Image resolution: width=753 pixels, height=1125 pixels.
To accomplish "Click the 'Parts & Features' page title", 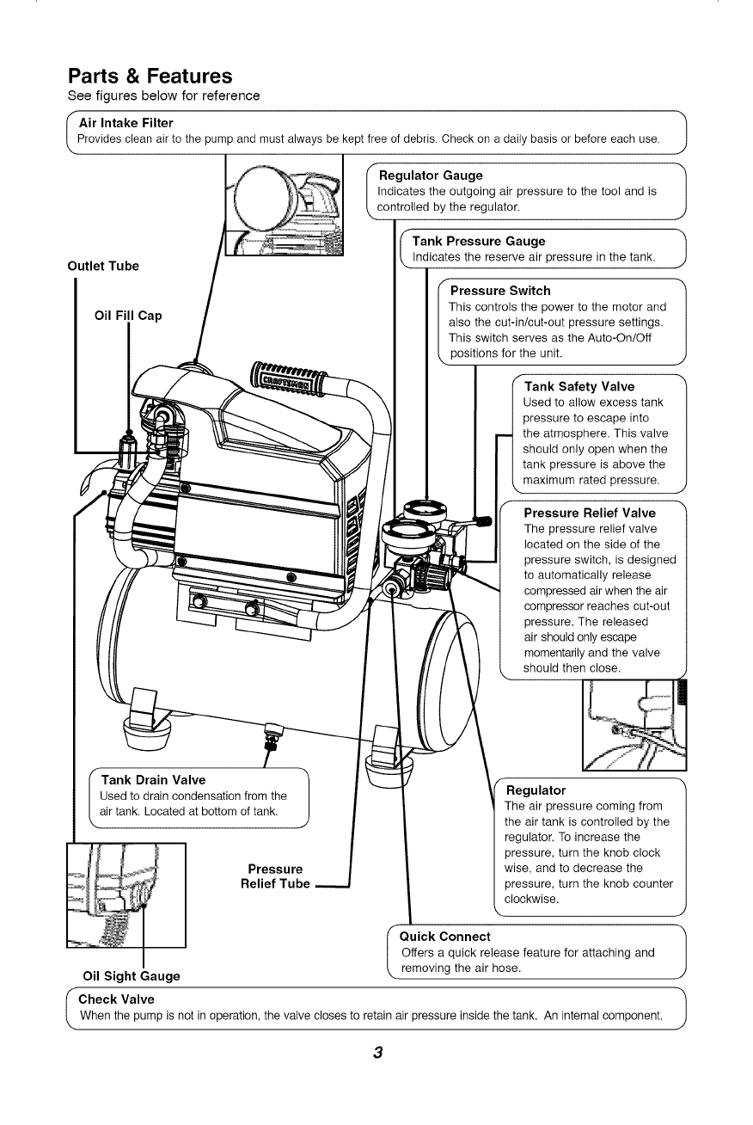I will (150, 77).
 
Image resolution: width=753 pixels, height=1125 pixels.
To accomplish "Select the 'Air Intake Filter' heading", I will (125, 124).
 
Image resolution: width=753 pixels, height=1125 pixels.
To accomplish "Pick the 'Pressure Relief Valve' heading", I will (590, 513).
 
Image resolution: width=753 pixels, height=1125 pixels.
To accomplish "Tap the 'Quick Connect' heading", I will (445, 936).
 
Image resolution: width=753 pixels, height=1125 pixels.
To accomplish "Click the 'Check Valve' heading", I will (116, 999).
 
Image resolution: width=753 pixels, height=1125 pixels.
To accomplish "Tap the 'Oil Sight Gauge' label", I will (131, 975).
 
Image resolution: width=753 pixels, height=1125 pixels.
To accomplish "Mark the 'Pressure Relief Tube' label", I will (275, 876).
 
